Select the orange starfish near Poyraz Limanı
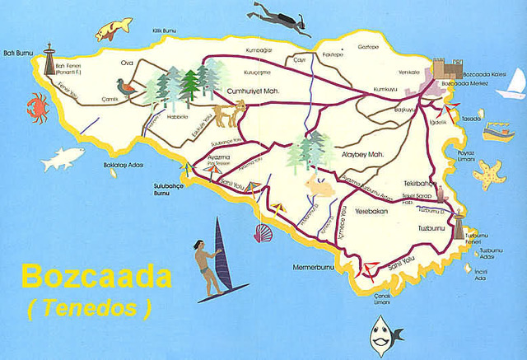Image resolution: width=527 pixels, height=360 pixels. [489, 173]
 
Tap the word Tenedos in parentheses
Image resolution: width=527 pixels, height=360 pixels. [90, 308]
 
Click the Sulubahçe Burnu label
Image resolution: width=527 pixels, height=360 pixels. [172, 189]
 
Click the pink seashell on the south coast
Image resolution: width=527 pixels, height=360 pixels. [263, 233]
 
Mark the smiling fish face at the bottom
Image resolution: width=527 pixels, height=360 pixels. [379, 334]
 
